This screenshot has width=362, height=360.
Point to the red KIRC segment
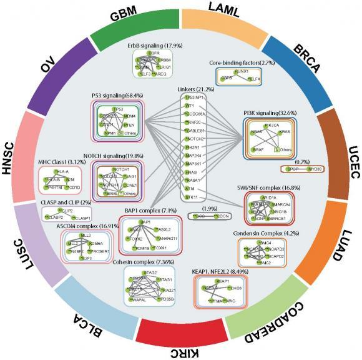click(180, 342)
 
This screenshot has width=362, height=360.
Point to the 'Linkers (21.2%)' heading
click(196, 88)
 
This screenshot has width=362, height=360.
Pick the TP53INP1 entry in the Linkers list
click(195, 98)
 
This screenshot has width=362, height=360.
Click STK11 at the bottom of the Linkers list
click(195, 197)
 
